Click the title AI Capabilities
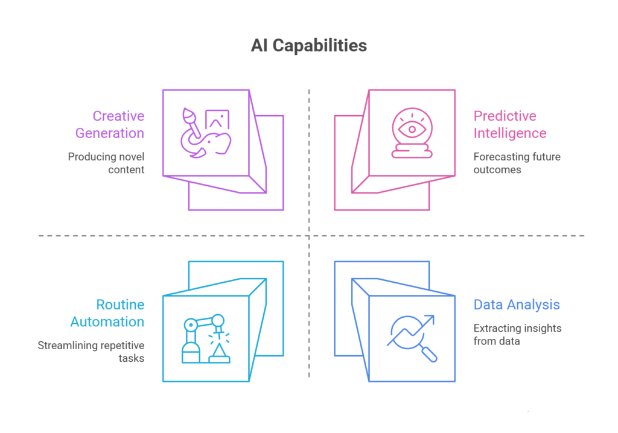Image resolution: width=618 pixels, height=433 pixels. (308, 46)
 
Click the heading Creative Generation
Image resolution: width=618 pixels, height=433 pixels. (118, 124)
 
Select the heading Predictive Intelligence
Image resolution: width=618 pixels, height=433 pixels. (509, 124)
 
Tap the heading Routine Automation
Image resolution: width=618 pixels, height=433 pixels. (107, 313)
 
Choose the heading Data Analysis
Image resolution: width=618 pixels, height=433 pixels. (517, 305)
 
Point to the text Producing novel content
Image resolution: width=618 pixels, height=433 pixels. (106, 163)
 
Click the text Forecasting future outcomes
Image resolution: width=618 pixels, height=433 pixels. (517, 163)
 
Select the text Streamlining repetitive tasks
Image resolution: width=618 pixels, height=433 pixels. (91, 352)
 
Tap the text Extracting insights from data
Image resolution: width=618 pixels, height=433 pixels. (517, 335)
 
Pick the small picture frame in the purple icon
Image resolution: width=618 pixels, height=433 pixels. (217, 119)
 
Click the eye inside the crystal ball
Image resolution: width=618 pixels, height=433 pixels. (412, 128)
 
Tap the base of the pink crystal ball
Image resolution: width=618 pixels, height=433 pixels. (412, 154)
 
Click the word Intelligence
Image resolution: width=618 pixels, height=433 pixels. (509, 133)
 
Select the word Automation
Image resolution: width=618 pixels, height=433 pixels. (107, 321)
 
